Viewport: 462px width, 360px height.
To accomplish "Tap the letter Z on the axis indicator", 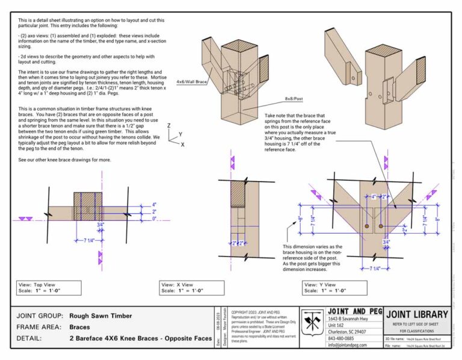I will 170,126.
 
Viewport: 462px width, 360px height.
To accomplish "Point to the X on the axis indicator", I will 182,144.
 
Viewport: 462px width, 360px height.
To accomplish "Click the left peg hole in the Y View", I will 366,226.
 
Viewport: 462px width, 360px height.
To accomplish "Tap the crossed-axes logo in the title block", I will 312,326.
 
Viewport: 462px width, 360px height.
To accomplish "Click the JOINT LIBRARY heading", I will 417,314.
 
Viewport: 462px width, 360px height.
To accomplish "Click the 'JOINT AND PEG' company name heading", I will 354,311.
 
